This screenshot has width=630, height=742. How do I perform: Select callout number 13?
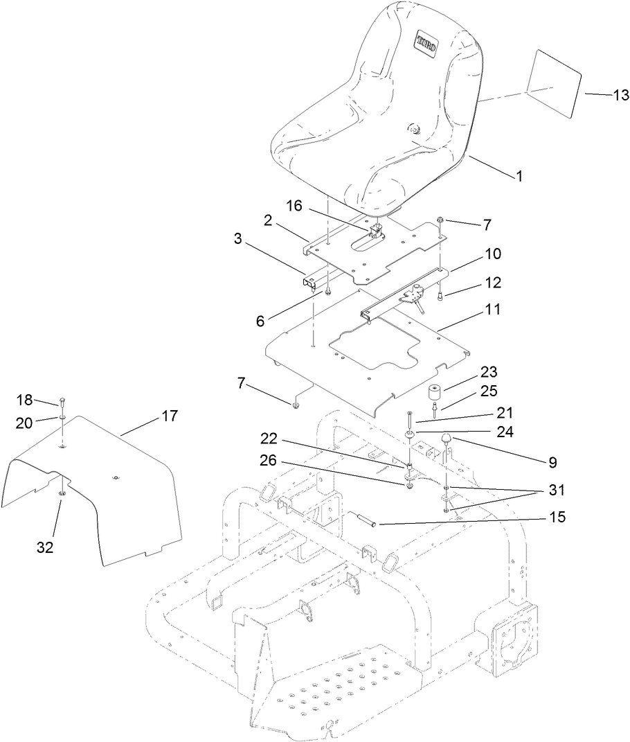click(602, 96)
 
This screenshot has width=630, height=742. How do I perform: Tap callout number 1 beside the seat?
click(519, 177)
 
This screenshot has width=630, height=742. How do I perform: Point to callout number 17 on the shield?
click(169, 416)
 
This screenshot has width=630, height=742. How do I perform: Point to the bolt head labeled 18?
click(62, 400)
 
